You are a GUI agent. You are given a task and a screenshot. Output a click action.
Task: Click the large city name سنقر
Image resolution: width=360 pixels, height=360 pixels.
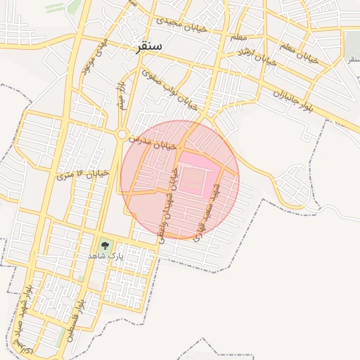click(150, 46)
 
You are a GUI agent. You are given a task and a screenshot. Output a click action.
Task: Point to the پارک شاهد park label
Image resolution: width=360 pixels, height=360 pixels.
click(105, 257)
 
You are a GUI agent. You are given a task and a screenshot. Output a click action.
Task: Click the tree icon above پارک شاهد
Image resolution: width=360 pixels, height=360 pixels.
click(105, 245)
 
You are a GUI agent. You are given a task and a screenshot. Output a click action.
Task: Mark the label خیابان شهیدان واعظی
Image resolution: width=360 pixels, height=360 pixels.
click(170, 207)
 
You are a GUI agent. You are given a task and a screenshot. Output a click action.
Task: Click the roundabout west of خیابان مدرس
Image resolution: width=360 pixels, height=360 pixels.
click(122, 134)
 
